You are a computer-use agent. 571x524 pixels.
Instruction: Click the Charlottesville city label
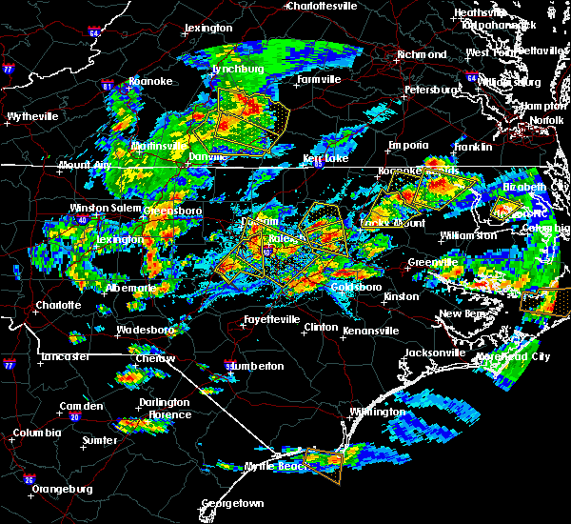(x=325, y=6)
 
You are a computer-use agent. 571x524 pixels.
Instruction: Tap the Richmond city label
(x=419, y=54)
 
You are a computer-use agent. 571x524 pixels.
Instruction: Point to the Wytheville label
(x=32, y=116)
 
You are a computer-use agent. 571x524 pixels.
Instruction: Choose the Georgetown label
(x=232, y=502)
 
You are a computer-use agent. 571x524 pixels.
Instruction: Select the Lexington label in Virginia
(x=208, y=29)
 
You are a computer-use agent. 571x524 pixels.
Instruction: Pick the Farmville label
(x=318, y=79)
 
